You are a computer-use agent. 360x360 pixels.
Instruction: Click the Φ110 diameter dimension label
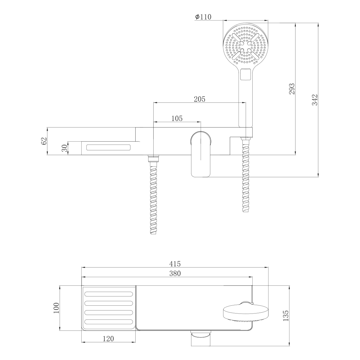(203, 17)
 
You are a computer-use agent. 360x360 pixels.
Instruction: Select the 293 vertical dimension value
(292, 89)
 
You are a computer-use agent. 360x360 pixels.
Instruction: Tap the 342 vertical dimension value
(315, 100)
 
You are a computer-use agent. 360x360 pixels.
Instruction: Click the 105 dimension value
(177, 118)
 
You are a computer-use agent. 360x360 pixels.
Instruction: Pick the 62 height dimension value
(44, 141)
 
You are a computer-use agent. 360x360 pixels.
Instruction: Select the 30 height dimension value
(64, 148)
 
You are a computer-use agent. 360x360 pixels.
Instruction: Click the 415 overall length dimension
(175, 264)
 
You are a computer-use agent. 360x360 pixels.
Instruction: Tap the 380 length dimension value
(175, 273)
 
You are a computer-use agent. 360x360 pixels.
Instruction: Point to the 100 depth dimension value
(56, 308)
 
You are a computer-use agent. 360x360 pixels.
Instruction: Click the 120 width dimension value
(108, 339)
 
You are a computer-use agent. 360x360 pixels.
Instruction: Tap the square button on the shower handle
(246, 75)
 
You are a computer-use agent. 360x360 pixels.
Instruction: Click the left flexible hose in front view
(154, 198)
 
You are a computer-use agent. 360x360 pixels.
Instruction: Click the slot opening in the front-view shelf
(109, 147)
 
